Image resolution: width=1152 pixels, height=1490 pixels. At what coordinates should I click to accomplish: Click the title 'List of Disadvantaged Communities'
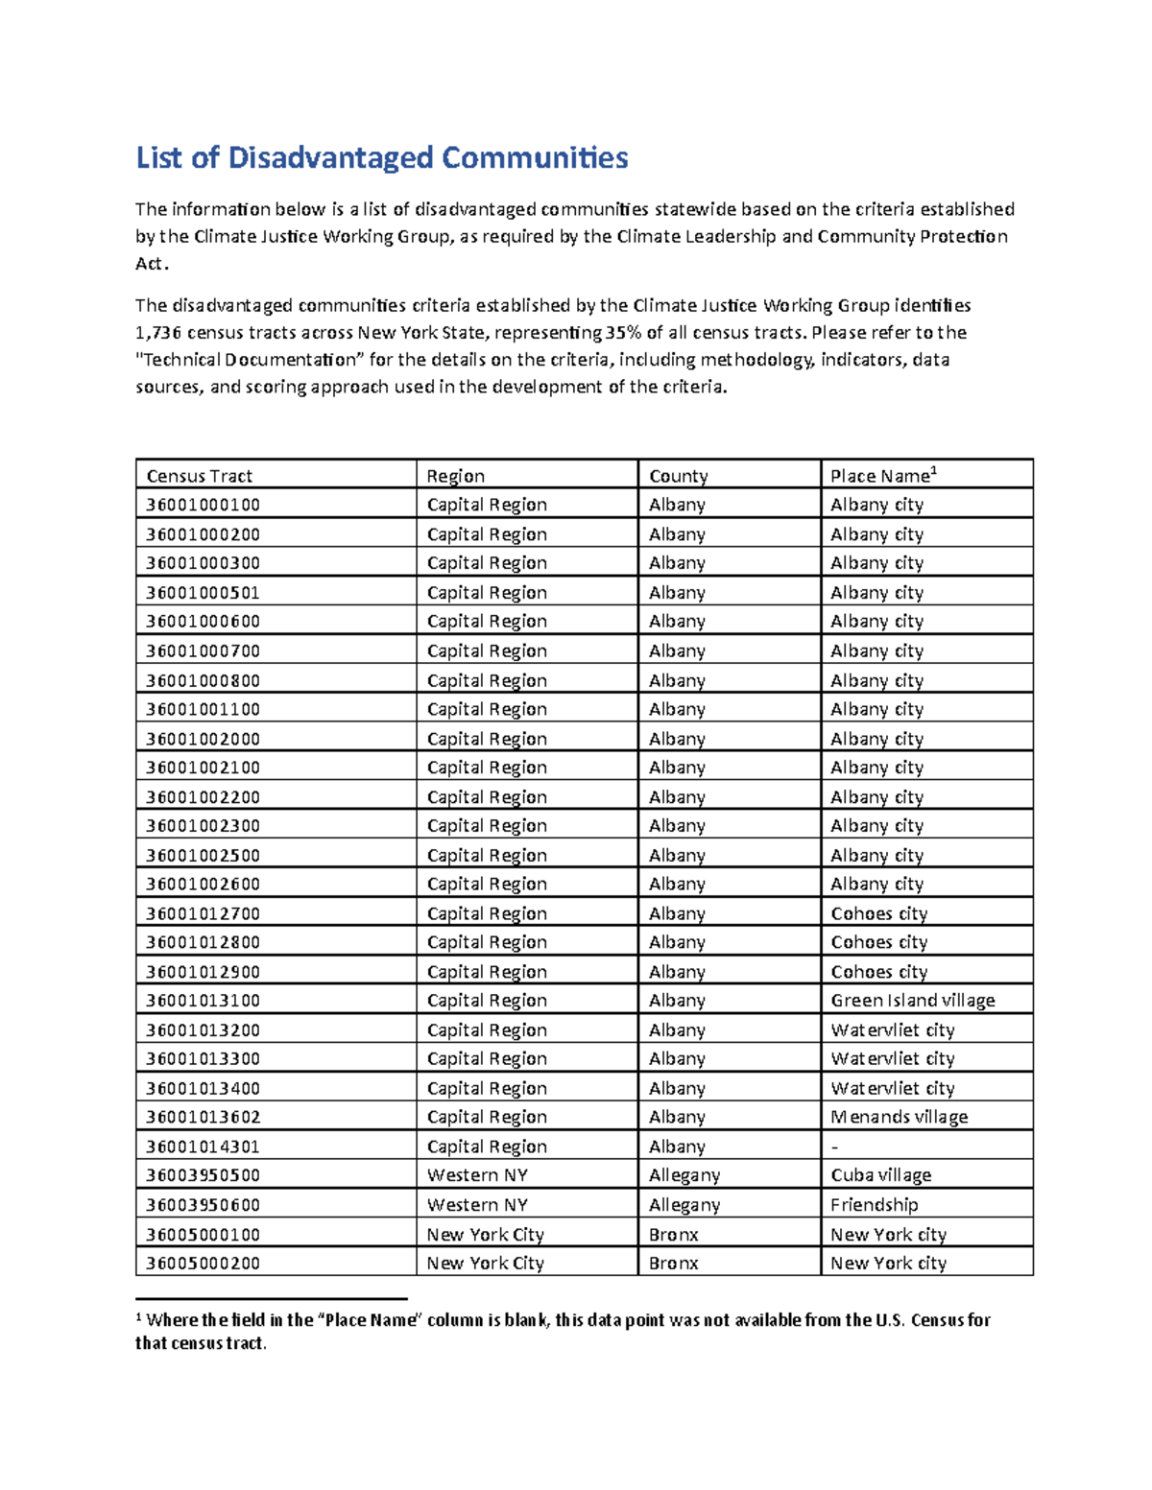pyautogui.click(x=381, y=157)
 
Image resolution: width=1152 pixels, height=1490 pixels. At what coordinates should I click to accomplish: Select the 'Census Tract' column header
pyautogui.click(x=199, y=476)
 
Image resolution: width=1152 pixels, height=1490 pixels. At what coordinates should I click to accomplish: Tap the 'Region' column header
pyautogui.click(x=455, y=476)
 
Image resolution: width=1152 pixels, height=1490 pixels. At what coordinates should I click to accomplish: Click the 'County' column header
pyautogui.click(x=678, y=476)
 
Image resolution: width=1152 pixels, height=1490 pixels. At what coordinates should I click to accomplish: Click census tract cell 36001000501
pyautogui.click(x=203, y=593)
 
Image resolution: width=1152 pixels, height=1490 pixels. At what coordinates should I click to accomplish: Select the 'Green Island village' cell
pyautogui.click(x=912, y=1001)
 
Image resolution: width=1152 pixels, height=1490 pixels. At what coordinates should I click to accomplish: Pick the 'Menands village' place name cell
pyautogui.click(x=899, y=1117)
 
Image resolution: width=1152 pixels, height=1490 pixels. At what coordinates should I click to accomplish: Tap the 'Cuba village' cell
pyautogui.click(x=880, y=1175)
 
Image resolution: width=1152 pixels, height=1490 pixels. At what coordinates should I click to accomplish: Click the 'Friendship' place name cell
pyautogui.click(x=874, y=1205)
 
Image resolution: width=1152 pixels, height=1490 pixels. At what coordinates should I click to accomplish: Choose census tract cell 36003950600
pyautogui.click(x=203, y=1205)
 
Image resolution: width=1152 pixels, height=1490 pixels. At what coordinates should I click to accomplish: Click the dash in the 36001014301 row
pyautogui.click(x=834, y=1147)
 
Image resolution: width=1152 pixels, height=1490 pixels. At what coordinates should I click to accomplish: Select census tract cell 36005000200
pyautogui.click(x=203, y=1264)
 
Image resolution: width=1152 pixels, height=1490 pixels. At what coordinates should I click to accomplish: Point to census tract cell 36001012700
pyautogui.click(x=203, y=913)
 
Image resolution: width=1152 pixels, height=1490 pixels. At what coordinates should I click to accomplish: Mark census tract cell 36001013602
pyautogui.click(x=203, y=1117)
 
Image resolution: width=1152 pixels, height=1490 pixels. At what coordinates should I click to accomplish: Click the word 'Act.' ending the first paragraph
pyautogui.click(x=152, y=264)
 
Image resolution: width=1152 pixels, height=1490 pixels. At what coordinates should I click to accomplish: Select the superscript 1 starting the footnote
pyautogui.click(x=139, y=1316)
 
